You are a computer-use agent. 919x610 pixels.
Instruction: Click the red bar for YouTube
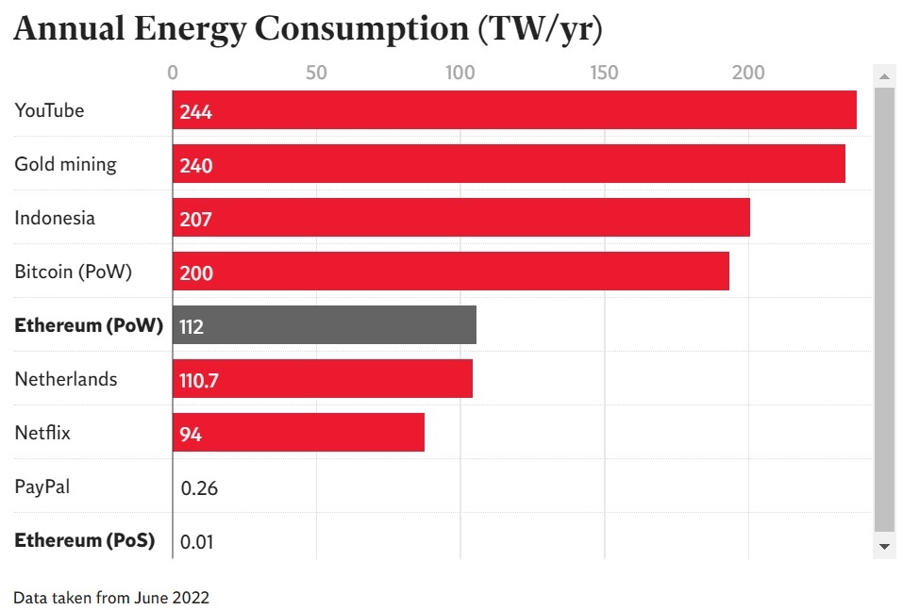coord(514,110)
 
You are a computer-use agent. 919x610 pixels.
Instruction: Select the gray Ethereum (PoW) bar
coord(325,325)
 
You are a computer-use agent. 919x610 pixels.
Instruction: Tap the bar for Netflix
coord(298,433)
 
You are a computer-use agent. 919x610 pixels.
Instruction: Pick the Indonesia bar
coord(461,218)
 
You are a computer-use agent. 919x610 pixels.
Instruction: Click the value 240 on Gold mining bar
coord(196,166)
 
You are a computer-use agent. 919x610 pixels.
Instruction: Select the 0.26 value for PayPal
coord(199,488)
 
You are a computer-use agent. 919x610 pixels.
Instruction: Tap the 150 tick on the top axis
coord(604,73)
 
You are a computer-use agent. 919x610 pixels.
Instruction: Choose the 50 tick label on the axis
coord(316,73)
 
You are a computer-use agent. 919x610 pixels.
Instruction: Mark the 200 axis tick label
coord(748,73)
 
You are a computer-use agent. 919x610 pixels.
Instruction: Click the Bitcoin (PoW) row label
coord(74,272)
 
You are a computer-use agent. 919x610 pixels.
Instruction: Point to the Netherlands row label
coord(66,379)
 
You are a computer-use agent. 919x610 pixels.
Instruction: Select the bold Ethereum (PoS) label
coord(85,540)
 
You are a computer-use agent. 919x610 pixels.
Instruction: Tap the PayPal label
coord(42,487)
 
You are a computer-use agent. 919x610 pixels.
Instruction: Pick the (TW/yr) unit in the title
coord(540,29)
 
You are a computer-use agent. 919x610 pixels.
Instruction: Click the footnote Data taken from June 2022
coord(111,597)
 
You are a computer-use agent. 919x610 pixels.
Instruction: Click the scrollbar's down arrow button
coord(884,546)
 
